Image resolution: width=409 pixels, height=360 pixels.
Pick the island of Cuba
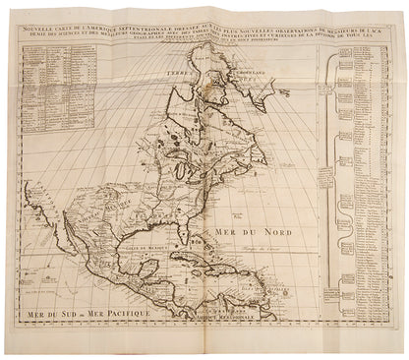point(205,265)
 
